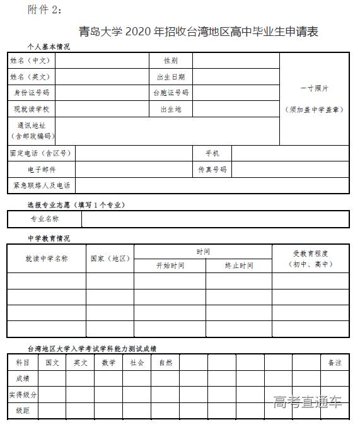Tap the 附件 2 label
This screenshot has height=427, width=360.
[46, 10]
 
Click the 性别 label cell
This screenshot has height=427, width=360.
[170, 61]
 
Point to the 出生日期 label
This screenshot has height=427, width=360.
[170, 77]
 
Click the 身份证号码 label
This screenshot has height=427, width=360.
[32, 93]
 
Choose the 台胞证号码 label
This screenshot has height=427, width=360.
[170, 93]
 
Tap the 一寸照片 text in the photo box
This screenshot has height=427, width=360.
[314, 88]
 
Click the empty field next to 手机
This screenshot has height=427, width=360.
[290, 153]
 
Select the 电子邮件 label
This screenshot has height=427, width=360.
[42, 170]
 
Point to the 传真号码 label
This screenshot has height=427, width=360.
[212, 170]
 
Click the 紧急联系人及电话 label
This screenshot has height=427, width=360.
[42, 186]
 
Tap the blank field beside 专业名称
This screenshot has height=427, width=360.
[215, 219]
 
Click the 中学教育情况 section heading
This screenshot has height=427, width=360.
[49, 238]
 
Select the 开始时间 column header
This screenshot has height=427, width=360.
[170, 266]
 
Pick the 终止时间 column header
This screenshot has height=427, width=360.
[239, 266]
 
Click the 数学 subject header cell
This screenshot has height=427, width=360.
[108, 363]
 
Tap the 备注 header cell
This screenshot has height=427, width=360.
[334, 363]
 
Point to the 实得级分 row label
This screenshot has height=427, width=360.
[23, 395]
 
